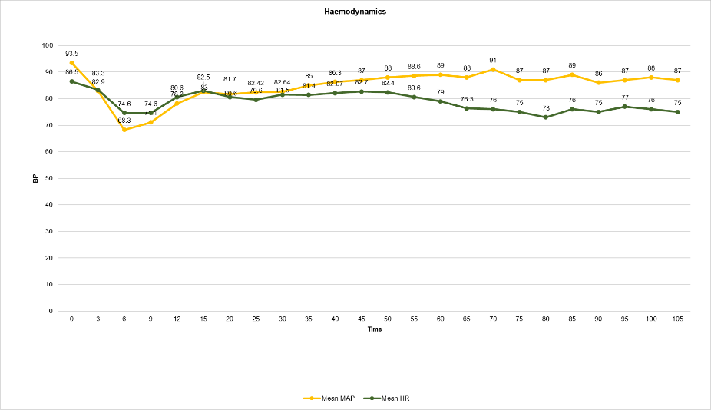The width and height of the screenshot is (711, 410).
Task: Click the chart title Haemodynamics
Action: (x=355, y=12)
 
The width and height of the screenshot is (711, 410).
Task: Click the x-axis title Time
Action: (x=374, y=329)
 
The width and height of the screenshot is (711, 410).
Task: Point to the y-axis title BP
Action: (x=35, y=178)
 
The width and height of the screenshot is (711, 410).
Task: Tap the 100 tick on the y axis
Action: (x=48, y=45)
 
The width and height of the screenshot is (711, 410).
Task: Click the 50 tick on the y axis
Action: (x=50, y=178)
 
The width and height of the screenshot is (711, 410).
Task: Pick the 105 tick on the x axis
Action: (x=677, y=319)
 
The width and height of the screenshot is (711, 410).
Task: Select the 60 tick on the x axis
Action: (x=440, y=319)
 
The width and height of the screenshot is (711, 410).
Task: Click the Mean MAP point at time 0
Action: (x=71, y=63)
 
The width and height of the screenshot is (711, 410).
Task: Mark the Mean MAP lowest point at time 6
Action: (x=124, y=130)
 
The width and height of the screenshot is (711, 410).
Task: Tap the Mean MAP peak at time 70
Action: (x=493, y=70)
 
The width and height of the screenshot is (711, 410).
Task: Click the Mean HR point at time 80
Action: (x=546, y=117)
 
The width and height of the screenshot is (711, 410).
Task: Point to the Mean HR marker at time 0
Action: (x=71, y=81)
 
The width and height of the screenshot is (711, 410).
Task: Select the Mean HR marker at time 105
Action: (x=677, y=112)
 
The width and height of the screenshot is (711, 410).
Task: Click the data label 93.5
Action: (x=71, y=54)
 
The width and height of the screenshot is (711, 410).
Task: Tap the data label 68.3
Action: (x=124, y=121)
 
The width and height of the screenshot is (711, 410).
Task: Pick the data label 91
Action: (x=493, y=61)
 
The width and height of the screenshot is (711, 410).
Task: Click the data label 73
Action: (x=546, y=108)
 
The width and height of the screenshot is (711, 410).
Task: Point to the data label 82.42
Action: (x=256, y=83)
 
